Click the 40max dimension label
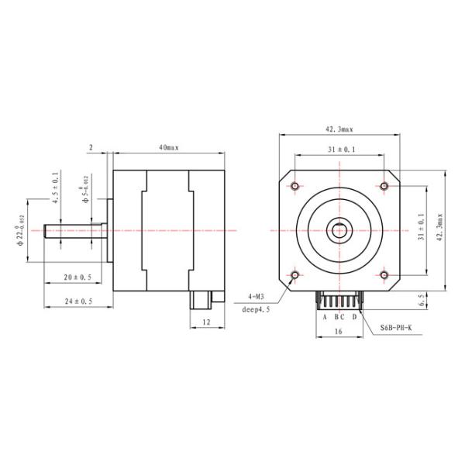(x=169, y=146)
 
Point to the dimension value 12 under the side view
(x=206, y=321)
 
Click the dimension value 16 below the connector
(x=339, y=331)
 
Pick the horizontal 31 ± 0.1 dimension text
(x=339, y=150)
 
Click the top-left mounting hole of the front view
(x=295, y=186)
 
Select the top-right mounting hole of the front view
(x=384, y=186)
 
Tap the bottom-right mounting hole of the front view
(x=384, y=274)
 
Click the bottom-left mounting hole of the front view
(x=295, y=274)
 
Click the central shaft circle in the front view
(x=339, y=230)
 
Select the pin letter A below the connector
(x=324, y=317)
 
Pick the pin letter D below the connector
(x=354, y=317)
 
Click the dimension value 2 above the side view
(x=91, y=146)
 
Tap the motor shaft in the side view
(x=74, y=231)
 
